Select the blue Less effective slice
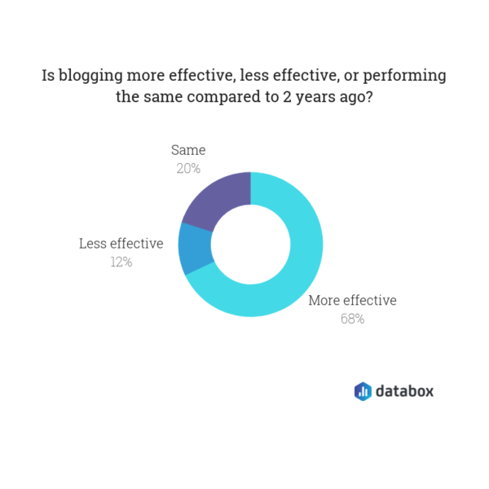[195, 248]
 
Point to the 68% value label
[352, 319]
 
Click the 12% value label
[121, 262]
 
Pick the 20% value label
[188, 169]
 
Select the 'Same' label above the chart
[188, 150]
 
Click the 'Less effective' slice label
[121, 244]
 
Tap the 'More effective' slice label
[352, 300]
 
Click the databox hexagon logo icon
[363, 391]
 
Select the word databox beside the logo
[404, 391]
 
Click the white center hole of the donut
[251, 244]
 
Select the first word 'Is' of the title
[49, 76]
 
